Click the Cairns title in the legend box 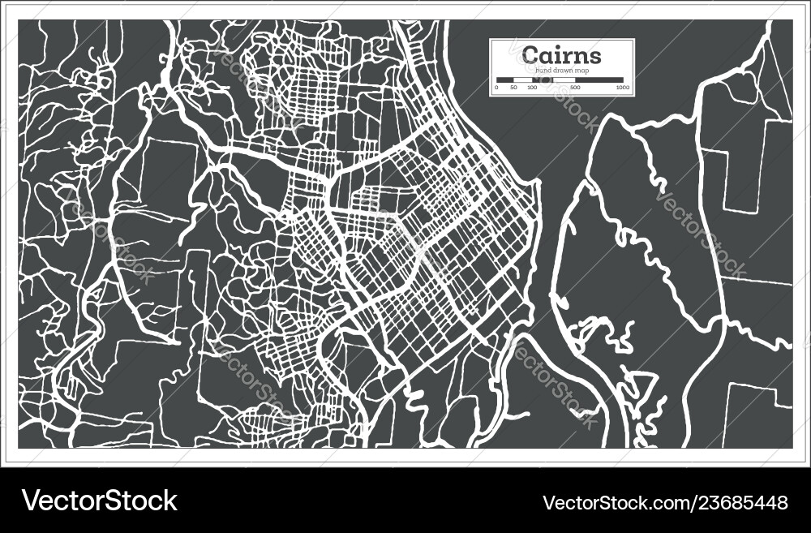[x=562, y=55]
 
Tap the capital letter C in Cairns [x=530, y=55]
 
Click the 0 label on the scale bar [x=497, y=87]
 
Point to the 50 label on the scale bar [x=513, y=87]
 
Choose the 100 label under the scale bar [x=532, y=87]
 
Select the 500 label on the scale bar [x=575, y=87]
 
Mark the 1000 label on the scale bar [x=623, y=87]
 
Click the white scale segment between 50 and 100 [x=522, y=80]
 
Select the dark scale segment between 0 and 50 [x=505, y=80]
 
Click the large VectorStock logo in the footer [x=100, y=501]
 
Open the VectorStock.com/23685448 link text [x=664, y=502]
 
